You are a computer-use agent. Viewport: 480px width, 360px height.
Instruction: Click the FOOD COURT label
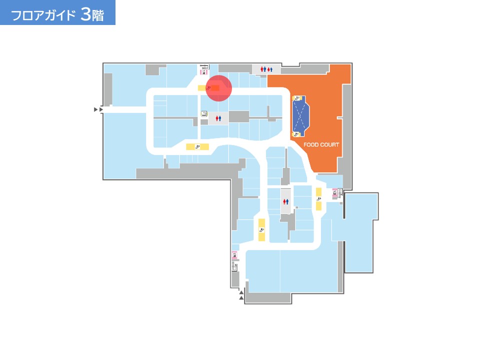pos(321,144)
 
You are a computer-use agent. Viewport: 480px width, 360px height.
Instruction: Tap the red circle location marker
pos(218,88)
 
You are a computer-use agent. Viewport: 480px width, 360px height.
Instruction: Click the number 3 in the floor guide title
pos(86,14)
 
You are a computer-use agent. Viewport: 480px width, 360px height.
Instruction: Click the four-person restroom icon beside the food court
pos(266,69)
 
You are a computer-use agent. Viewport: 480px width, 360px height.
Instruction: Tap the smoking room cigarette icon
pos(204,114)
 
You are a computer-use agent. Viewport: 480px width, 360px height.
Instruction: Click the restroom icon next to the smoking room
pos(218,118)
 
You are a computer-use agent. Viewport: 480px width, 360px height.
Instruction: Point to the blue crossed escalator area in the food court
pos(300,116)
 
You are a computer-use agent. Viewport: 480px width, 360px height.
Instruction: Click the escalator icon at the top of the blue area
pos(296,98)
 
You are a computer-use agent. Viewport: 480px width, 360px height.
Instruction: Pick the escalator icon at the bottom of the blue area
pos(296,134)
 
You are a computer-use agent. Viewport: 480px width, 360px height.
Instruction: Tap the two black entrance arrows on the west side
pos(98,109)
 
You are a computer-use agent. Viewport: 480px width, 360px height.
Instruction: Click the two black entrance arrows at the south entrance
pos(241,295)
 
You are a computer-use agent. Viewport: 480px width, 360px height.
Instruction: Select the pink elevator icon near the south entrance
pos(234,254)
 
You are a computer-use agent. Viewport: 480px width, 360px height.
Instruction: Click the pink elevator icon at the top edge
pos(203,72)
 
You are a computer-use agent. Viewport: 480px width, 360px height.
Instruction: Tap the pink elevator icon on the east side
pos(335,193)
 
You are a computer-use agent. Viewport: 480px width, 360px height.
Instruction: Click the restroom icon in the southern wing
pos(285,201)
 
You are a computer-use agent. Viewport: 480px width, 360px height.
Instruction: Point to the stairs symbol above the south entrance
pos(235,266)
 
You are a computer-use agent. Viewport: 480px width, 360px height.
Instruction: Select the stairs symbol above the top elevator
pos(204,66)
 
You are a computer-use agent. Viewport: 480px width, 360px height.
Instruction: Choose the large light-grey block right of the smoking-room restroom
pos(239,116)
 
